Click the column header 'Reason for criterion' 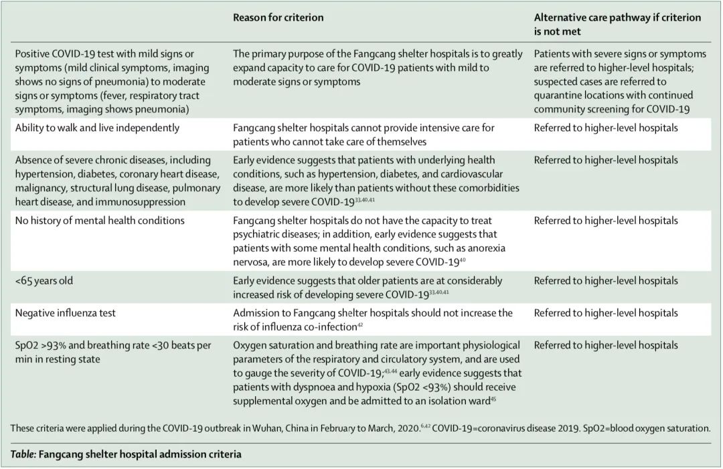click(278, 18)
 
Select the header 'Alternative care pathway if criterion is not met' click(617, 24)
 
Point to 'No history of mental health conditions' click(99, 221)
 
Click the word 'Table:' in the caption click(23, 454)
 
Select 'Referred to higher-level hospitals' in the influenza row click(605, 313)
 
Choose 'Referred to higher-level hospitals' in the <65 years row click(605, 281)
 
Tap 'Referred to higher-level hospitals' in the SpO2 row click(605, 345)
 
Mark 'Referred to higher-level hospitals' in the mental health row click(605, 221)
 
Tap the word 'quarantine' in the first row click(562, 95)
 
